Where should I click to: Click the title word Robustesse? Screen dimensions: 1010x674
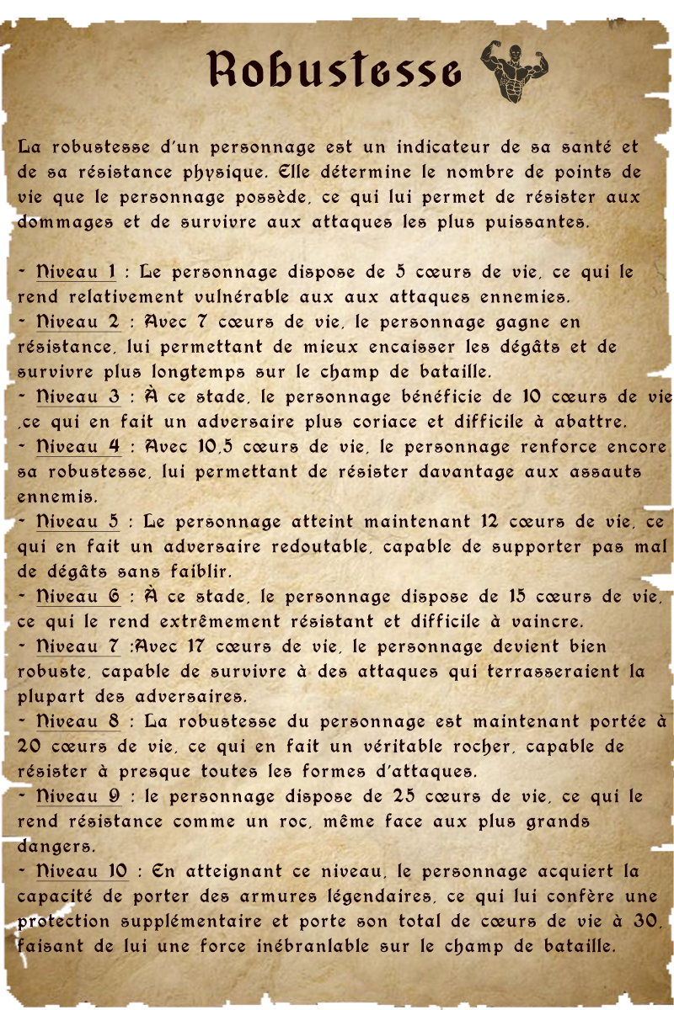[x=334, y=69]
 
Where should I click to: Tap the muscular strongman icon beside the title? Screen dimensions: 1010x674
[x=513, y=72]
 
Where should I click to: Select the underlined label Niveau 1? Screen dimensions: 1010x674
[x=77, y=272]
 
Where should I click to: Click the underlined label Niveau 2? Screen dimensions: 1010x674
[x=78, y=322]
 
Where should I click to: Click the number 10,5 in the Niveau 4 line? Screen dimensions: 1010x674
[x=221, y=446]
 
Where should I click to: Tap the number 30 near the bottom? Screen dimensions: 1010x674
[x=645, y=921]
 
